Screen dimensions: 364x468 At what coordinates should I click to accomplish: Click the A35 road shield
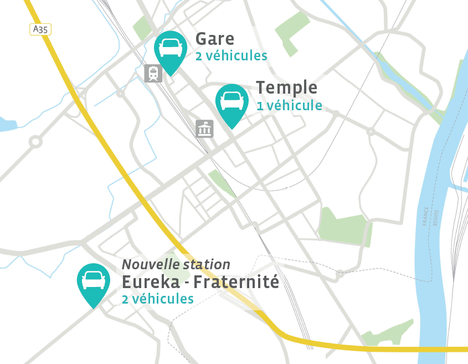pyautogui.click(x=40, y=29)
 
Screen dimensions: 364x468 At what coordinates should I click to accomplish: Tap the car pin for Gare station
pyautogui.click(x=171, y=49)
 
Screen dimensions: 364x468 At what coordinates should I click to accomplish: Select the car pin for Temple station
pyautogui.click(x=232, y=102)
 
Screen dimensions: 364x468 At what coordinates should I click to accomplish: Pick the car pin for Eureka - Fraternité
pyautogui.click(x=94, y=281)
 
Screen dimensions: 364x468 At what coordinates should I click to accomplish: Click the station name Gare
pyautogui.click(x=215, y=39)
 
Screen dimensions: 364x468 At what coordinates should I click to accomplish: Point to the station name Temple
pyautogui.click(x=286, y=88)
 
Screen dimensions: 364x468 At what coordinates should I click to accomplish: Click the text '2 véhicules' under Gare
pyautogui.click(x=231, y=56)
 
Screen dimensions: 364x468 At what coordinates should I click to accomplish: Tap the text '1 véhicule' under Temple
pyautogui.click(x=289, y=105)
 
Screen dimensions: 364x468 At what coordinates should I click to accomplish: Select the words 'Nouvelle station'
pyautogui.click(x=176, y=265)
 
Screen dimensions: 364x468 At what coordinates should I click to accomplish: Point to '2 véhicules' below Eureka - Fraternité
pyautogui.click(x=158, y=299)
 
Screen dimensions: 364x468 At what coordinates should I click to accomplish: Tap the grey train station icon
pyautogui.click(x=153, y=73)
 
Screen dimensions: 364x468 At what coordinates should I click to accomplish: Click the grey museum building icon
pyautogui.click(x=204, y=129)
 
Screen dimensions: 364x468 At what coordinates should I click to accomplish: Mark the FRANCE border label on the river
pyautogui.click(x=426, y=217)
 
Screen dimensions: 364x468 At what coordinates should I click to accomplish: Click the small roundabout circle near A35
pyautogui.click(x=35, y=141)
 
